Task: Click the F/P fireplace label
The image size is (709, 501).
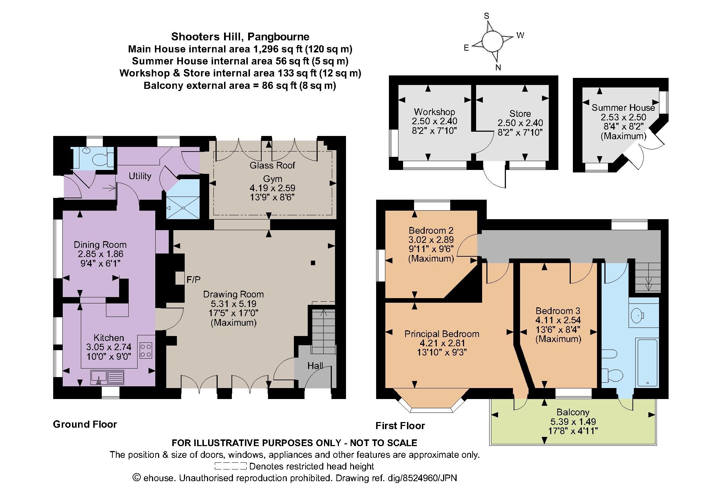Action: [x=194, y=280]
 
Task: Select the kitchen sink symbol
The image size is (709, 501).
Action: [x=107, y=377]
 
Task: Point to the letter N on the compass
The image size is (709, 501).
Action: [x=498, y=68]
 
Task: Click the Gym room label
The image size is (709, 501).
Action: [x=272, y=178]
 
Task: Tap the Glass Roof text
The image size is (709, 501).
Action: [x=272, y=165]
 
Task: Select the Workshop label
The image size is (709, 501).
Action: [x=434, y=112]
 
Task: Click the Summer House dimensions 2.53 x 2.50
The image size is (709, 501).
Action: [x=623, y=117]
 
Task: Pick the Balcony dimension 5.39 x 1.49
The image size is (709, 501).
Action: [x=573, y=421]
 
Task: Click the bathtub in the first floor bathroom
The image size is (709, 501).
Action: [x=647, y=363]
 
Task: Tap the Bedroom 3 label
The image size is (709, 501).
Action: [x=558, y=311]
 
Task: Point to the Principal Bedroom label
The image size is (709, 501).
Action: [x=442, y=334]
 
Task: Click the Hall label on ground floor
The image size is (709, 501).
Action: [x=315, y=365]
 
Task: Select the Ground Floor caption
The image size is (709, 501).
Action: [x=85, y=424]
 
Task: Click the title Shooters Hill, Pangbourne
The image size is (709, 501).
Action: [x=240, y=36]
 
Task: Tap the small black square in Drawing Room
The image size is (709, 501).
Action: [x=313, y=263]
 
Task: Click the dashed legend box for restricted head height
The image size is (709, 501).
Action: [x=230, y=466]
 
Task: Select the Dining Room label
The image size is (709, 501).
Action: [x=100, y=245]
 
